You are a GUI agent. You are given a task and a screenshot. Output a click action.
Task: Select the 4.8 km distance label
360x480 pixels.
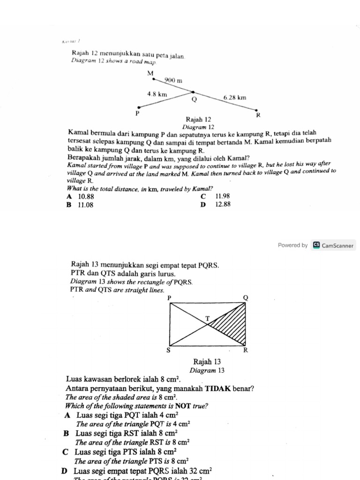157,94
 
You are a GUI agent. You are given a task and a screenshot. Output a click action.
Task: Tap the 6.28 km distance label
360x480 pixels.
234,98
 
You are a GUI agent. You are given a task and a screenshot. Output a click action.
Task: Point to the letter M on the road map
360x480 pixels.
150,73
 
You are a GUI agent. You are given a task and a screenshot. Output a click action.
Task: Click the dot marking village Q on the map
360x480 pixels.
193,92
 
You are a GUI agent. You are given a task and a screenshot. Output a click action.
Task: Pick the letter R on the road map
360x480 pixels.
257,115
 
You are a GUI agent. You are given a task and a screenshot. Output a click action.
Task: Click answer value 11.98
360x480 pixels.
223,196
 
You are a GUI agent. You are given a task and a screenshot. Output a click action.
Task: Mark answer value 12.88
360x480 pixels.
223,204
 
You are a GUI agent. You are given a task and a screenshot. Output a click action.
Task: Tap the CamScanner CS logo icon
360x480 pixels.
316,245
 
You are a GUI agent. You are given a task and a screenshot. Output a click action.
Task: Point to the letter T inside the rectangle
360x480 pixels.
208,319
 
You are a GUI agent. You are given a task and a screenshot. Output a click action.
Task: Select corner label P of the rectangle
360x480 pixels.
169,298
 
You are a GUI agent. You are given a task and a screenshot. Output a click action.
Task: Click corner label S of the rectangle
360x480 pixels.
169,350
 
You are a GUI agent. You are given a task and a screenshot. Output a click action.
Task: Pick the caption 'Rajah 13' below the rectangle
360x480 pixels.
207,362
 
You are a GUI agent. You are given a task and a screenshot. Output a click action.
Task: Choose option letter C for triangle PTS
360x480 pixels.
66,452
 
